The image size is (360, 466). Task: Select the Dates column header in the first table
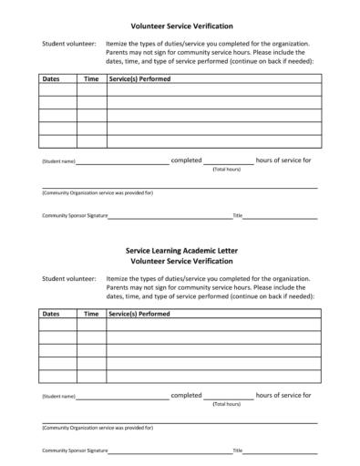[51, 79]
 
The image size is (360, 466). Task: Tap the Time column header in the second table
[91, 314]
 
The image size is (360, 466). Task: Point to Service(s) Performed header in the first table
[139, 79]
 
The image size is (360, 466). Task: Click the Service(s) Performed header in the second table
[139, 314]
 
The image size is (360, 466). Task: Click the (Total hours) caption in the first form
[226, 170]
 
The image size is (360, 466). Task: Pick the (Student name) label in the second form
[58, 397]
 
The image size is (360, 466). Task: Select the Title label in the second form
[237, 450]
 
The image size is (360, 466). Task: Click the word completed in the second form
[186, 395]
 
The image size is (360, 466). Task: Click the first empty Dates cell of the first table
[57, 90]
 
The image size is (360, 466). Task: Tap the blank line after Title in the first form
[280, 218]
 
